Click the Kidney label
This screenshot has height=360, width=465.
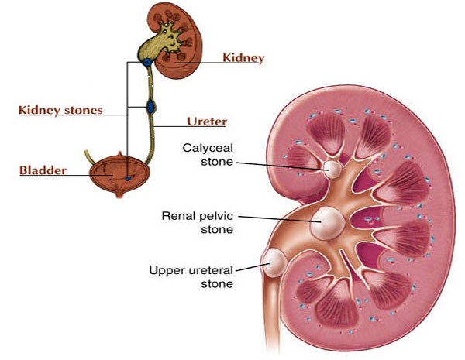243,58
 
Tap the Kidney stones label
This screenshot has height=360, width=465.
60,110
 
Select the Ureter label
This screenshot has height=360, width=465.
207,122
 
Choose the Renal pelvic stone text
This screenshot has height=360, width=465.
197,222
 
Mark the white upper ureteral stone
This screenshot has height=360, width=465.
275,265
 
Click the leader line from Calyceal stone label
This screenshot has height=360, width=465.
279,163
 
